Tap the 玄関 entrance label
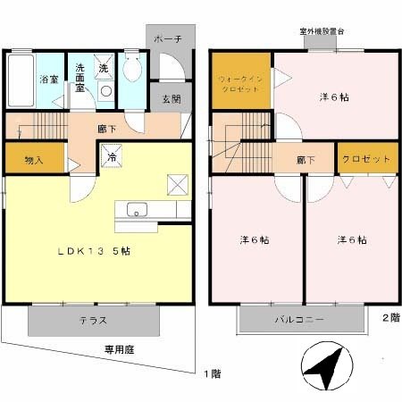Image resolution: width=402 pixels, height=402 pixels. [171, 98]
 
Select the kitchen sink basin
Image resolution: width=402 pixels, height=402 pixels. [137, 211]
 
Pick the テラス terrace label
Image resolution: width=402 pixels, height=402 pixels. [94, 319]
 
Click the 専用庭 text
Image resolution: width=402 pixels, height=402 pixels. [118, 351]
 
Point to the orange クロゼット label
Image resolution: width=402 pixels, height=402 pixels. [364, 158]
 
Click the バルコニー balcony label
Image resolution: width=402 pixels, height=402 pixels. [300, 319]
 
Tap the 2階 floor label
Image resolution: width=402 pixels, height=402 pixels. [390, 317]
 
